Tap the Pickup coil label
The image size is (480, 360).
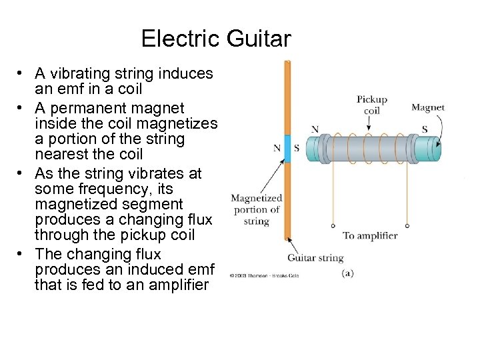click(371, 105)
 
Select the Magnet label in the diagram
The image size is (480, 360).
click(427, 107)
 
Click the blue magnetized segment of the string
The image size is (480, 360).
click(288, 148)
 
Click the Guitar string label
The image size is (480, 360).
click(315, 257)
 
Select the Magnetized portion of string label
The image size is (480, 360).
click(257, 209)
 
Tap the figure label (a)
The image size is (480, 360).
click(347, 273)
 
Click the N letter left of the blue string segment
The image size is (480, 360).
click(277, 148)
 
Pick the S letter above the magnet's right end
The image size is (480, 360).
click(425, 129)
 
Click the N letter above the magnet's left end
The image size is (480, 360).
click(315, 129)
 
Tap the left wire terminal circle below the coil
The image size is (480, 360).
click(333, 225)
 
